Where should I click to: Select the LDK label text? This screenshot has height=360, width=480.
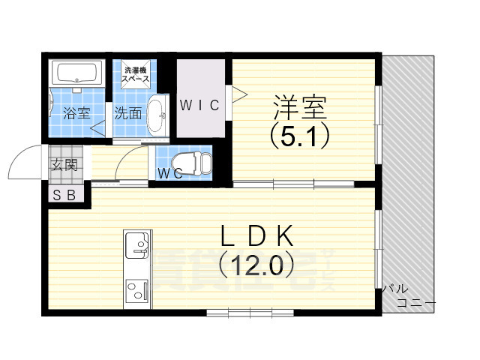[255, 235]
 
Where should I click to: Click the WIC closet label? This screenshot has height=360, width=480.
[199, 106]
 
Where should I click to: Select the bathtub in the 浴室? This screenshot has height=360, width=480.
[78, 73]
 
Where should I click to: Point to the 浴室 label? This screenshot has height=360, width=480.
[76, 114]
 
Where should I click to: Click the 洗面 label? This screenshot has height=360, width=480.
[127, 114]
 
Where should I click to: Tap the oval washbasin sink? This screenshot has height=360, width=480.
[157, 115]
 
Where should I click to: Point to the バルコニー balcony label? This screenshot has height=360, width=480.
[405, 296]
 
